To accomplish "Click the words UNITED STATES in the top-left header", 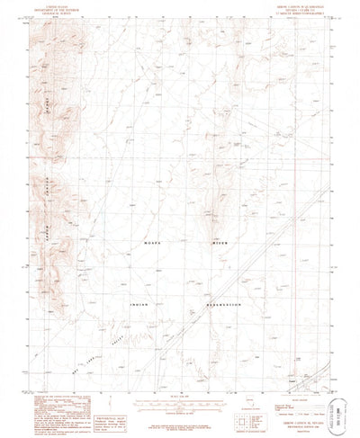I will (x=43, y=4).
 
